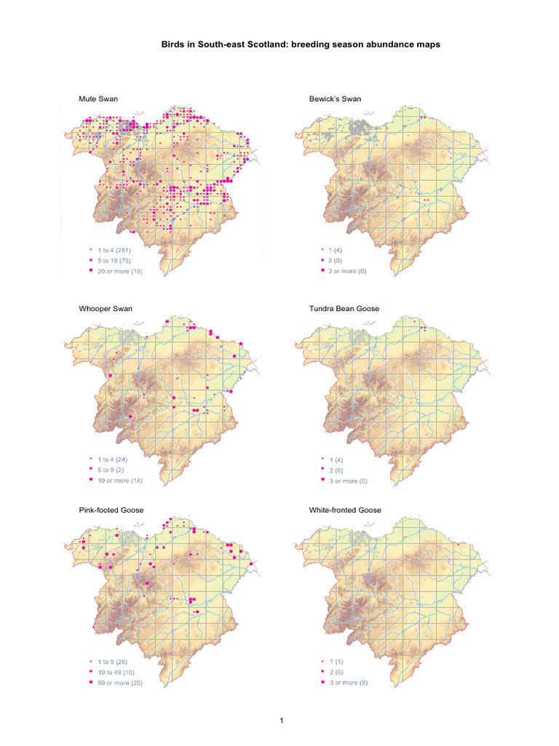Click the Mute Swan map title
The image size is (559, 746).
click(x=98, y=98)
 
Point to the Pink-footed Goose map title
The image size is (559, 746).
click(x=111, y=510)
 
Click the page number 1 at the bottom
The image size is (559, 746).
click(x=280, y=721)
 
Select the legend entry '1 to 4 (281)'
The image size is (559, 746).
click(x=120, y=250)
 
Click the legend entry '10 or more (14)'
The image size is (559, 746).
click(x=123, y=481)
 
